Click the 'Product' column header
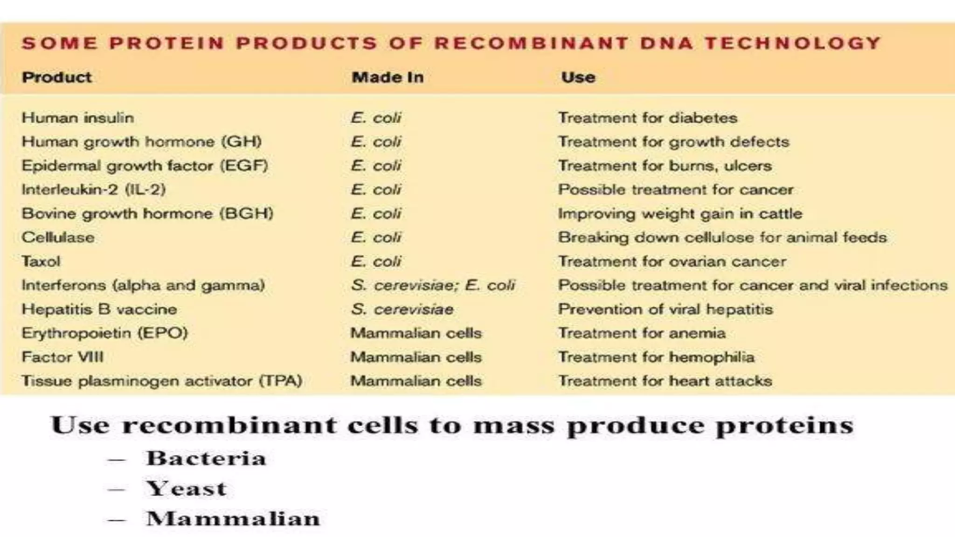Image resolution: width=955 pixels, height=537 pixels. click(x=57, y=77)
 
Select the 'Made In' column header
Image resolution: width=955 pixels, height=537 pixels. click(x=388, y=77)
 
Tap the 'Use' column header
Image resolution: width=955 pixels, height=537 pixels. click(x=578, y=77)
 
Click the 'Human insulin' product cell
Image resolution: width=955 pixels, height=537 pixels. click(x=78, y=118)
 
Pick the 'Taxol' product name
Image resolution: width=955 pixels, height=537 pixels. click(x=41, y=262)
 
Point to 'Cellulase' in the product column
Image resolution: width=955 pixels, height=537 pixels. click(x=58, y=238)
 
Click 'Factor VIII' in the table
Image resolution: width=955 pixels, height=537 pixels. click(x=62, y=358)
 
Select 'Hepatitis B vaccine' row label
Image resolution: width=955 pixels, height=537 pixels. click(x=99, y=310)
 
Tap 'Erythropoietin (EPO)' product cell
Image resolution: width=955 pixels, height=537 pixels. click(x=105, y=333)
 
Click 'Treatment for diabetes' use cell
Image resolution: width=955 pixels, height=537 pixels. click(x=648, y=118)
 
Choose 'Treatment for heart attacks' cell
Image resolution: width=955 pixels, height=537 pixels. click(x=665, y=381)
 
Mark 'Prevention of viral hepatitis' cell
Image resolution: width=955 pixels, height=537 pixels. click(x=665, y=310)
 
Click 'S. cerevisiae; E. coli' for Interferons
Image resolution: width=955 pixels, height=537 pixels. click(x=433, y=285)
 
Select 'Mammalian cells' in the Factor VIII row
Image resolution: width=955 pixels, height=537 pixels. click(x=416, y=358)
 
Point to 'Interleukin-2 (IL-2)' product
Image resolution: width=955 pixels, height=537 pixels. click(x=94, y=190)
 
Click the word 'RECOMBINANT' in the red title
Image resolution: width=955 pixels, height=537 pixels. click(x=531, y=43)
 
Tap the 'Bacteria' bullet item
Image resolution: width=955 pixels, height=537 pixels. click(x=206, y=459)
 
